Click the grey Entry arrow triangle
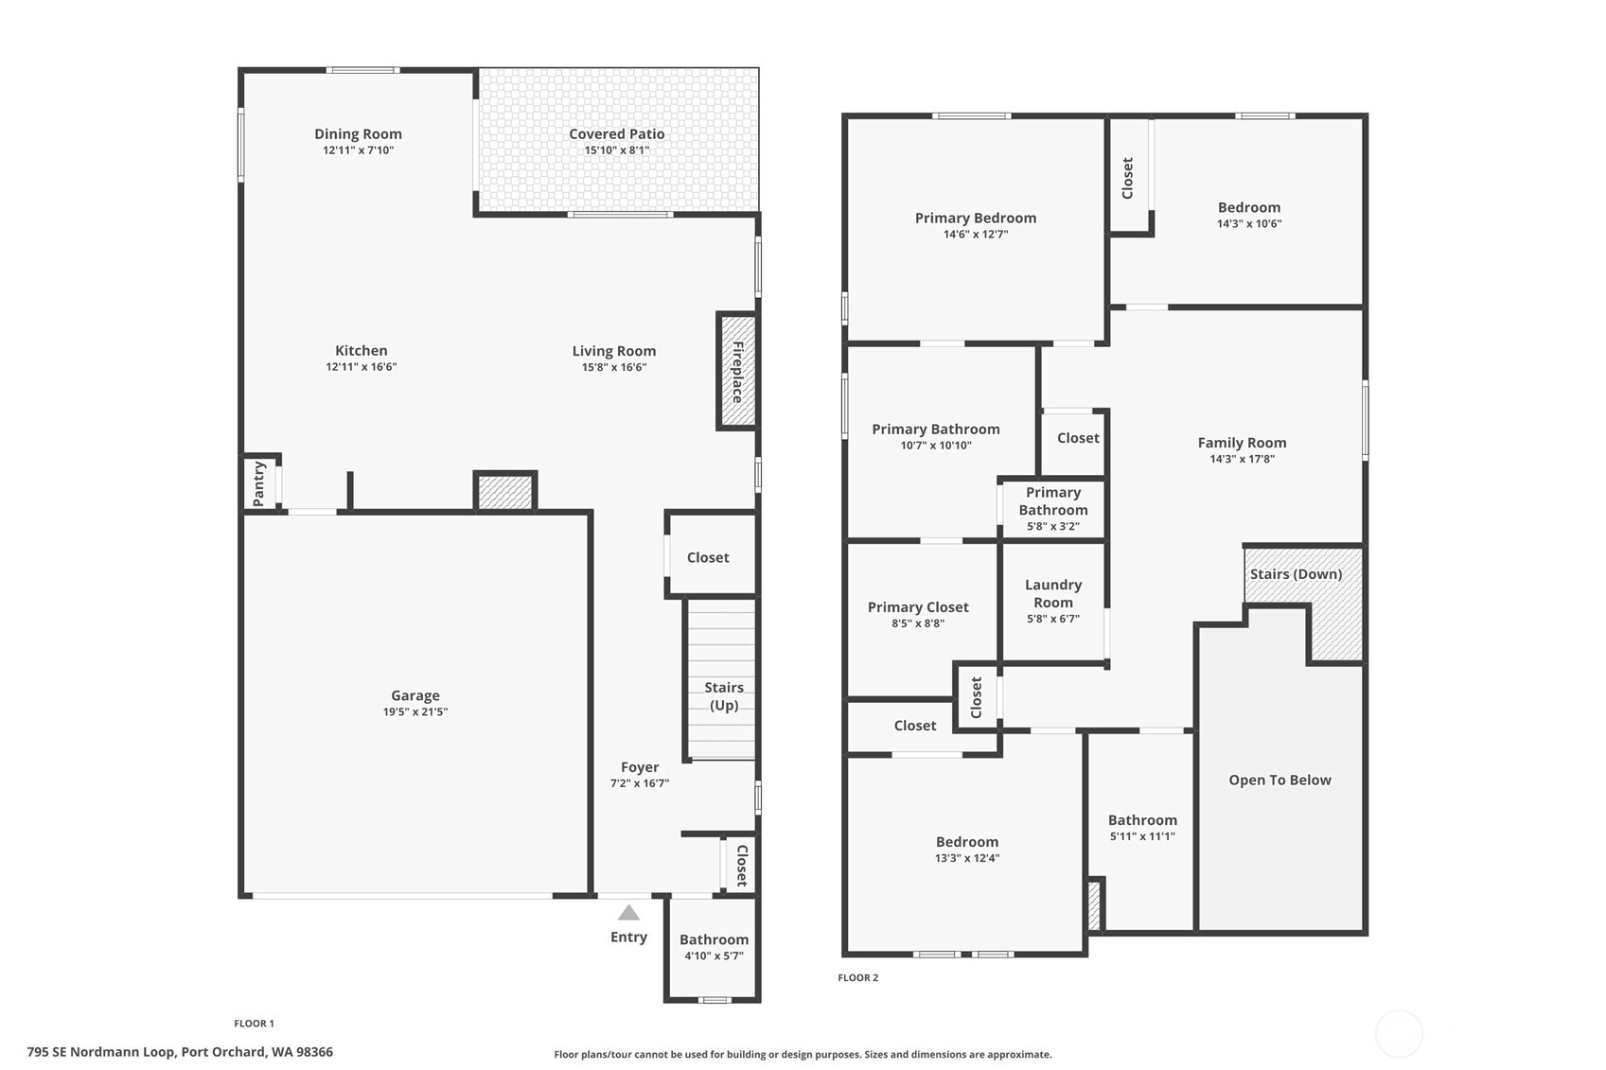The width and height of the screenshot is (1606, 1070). coord(628,912)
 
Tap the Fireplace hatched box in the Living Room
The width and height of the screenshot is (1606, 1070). coord(737,371)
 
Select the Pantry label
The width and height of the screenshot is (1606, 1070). coord(258,483)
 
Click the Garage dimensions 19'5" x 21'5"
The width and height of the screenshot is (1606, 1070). coord(415,711)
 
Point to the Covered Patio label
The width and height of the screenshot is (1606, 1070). coord(617,134)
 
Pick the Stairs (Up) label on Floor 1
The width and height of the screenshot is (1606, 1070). coord(724,696)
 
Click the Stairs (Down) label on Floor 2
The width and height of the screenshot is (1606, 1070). coord(1297,574)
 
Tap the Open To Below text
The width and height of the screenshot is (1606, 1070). coord(1280,780)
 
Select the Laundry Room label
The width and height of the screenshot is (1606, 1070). coord(1053,593)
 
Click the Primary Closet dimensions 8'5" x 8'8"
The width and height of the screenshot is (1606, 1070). coord(918,623)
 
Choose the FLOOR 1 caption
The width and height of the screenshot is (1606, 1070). coord(254,1024)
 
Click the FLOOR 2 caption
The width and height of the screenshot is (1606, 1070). coord(858,977)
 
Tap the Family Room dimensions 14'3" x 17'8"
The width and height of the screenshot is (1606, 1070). coord(1243,460)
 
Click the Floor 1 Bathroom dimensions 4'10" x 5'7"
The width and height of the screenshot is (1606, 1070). coord(715,956)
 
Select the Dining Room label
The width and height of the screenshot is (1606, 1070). coord(358,134)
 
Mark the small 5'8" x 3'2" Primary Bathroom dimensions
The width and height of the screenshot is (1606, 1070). coord(1053,526)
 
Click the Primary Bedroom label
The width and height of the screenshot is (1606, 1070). coord(976,218)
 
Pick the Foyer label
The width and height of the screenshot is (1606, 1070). coord(640,767)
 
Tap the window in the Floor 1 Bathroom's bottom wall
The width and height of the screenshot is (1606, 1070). coord(715,1000)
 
